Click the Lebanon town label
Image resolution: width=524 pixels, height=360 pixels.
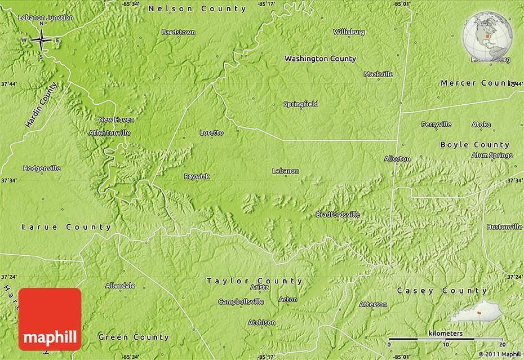click(285, 171)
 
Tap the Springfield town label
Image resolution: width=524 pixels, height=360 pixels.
click(300, 104)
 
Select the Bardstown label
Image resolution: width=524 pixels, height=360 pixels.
click(178, 32)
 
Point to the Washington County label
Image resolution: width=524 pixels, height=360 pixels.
click(320, 58)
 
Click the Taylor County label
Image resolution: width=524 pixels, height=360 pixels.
click(254, 281)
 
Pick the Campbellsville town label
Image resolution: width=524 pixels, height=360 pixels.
click(241, 301)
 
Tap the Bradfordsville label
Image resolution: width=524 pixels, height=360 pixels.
click(337, 214)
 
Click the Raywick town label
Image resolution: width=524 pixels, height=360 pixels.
click(197, 176)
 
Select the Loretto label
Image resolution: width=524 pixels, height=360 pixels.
click(211, 132)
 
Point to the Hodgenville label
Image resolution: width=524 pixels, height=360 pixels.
click(40, 168)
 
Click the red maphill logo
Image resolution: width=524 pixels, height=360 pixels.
click(50, 319)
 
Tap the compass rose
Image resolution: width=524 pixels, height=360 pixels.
click(41, 40)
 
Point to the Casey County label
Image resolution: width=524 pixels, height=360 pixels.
click(442, 291)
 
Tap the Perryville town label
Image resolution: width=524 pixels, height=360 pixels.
click(436, 124)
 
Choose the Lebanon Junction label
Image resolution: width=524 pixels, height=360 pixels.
click(46, 17)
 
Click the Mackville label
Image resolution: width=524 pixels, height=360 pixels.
click(378, 74)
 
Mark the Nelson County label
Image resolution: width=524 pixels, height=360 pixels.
click(197, 8)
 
